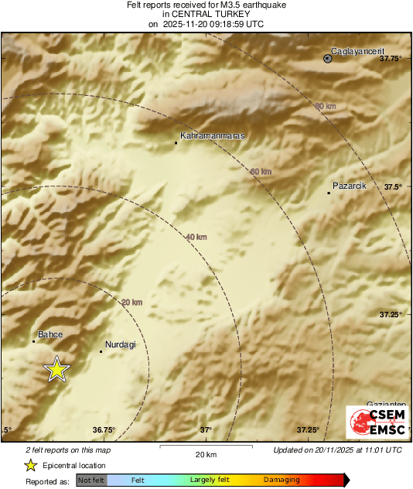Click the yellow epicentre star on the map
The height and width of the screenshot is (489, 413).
pos(56,370)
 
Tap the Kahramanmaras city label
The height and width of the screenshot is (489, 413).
pos(212,135)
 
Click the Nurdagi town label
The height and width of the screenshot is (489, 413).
pos(120,344)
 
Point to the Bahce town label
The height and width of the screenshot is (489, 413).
pos(50,334)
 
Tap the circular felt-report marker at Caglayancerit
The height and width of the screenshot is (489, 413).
pos(328,58)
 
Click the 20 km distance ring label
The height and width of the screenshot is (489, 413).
pos(132,303)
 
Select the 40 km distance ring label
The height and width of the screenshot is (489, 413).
pos(196,237)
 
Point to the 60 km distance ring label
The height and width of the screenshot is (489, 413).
pos(261,171)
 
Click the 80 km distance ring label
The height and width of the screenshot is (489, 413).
pos(326,106)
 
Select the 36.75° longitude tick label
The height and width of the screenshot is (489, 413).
pos(104,430)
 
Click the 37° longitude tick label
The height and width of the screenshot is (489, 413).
pos(206,430)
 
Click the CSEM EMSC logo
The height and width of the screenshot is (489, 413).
pos(377,422)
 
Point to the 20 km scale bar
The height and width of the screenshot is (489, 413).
pos(205,447)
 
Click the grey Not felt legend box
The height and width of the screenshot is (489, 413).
pos(91,480)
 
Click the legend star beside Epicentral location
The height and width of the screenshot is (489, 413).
pos(30,465)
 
